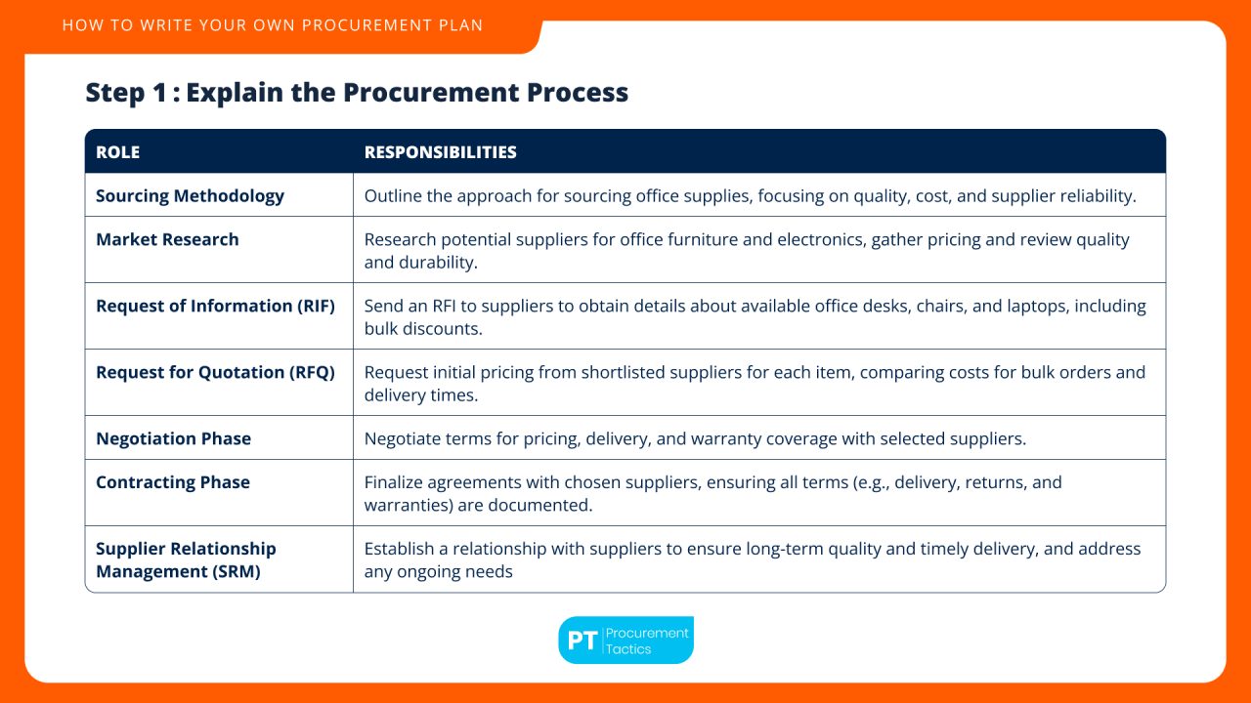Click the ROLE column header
(x=117, y=152)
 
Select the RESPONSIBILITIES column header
(x=440, y=152)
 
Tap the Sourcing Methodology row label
(x=190, y=195)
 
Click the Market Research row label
(x=167, y=239)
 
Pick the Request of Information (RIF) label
(x=215, y=306)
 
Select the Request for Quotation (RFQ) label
(x=215, y=372)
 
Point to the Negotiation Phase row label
(x=173, y=438)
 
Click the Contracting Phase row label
(x=173, y=482)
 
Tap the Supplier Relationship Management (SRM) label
(x=186, y=559)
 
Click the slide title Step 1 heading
(x=357, y=93)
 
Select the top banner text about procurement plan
(x=273, y=25)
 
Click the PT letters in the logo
(x=582, y=641)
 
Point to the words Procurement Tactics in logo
(x=647, y=641)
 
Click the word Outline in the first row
(x=393, y=195)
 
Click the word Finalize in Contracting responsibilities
(x=397, y=482)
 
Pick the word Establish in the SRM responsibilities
(x=401, y=549)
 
